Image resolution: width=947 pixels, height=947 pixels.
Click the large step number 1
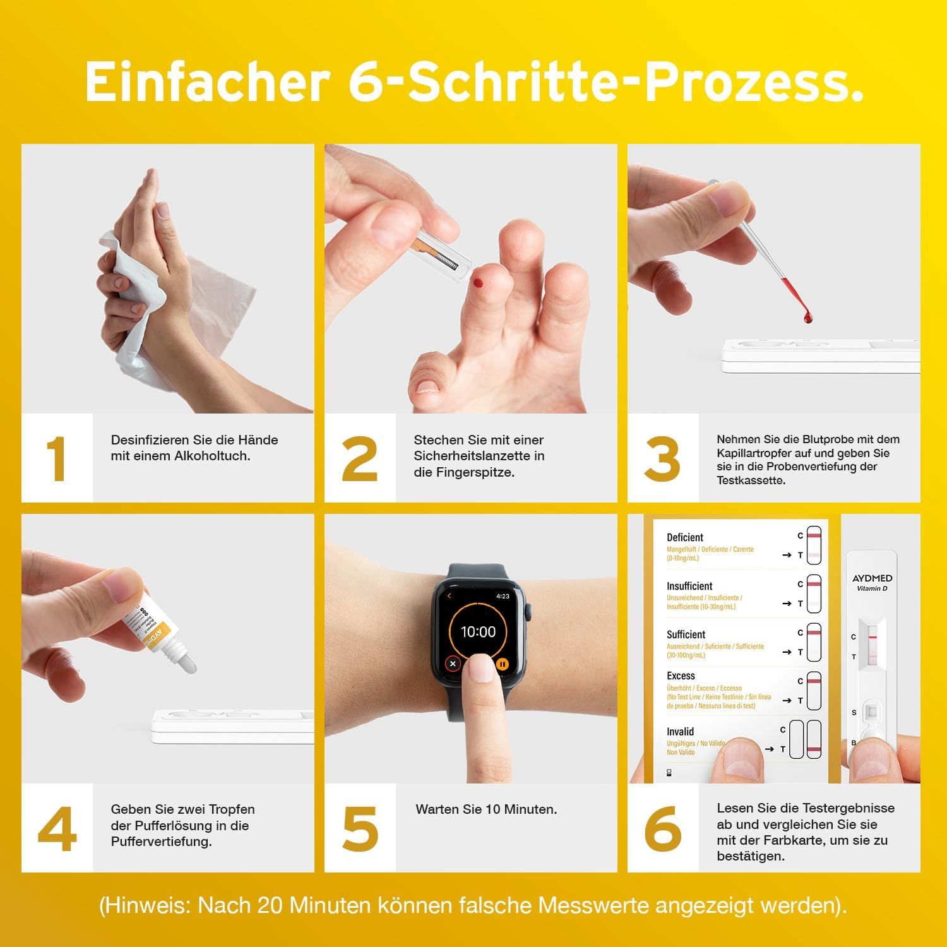coord(57,458)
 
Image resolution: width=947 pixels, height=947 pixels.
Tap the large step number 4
coord(57,828)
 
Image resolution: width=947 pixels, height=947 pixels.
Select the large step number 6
coord(663,828)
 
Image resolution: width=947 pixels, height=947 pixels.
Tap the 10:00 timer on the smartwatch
coord(478,631)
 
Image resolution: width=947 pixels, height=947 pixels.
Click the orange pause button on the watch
coord(503,664)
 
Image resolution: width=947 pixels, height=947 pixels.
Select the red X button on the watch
coord(453,664)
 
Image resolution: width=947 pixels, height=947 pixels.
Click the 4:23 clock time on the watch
coord(503,596)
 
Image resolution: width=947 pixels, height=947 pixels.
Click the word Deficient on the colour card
coord(685,537)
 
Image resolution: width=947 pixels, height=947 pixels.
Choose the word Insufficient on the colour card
coord(689,586)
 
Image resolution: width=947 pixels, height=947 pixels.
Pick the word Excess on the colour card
coord(681,676)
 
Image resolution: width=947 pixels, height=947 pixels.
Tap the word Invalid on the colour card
coord(680,732)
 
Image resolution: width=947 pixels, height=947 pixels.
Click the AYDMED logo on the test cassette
coord(872,578)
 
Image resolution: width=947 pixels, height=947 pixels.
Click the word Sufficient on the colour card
coord(686,634)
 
